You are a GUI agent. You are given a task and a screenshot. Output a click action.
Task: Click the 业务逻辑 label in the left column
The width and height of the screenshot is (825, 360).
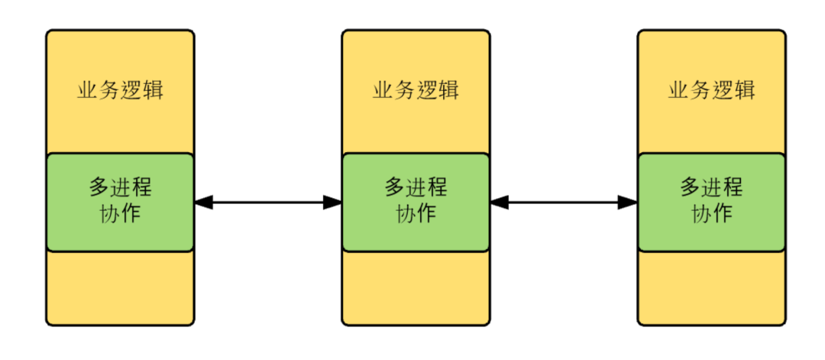120,90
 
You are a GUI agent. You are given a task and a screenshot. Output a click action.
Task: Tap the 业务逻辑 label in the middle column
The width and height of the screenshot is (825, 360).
416,90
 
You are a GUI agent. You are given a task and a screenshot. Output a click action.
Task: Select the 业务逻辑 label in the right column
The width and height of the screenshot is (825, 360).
711,90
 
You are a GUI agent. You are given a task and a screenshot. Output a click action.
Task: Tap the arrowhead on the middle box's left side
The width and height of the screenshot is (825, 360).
332,203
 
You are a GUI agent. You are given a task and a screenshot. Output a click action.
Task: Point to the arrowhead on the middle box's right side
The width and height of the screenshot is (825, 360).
500,203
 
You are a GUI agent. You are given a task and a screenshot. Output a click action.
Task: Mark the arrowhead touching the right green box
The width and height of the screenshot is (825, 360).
628,203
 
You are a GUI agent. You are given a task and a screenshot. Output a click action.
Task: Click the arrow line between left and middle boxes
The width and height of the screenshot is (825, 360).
268,203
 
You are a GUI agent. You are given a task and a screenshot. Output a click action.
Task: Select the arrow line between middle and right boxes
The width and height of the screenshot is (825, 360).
564,203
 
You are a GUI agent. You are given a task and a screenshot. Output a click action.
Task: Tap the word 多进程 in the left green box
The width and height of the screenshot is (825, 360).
120,187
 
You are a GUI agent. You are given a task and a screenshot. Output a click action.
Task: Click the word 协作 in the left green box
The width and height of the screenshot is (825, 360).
120,213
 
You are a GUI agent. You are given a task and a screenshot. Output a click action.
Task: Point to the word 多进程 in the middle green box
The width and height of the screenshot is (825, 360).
416,187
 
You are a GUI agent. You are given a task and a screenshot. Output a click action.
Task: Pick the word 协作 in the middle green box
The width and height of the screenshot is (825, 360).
416,213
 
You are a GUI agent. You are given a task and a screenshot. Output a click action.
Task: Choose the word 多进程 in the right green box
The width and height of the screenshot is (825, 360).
711,187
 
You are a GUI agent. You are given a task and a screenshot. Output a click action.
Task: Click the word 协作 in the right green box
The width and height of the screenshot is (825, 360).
711,213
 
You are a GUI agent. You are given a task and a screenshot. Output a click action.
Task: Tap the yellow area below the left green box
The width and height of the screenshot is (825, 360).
120,287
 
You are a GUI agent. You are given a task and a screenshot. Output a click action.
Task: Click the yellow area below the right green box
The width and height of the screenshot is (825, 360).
711,287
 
